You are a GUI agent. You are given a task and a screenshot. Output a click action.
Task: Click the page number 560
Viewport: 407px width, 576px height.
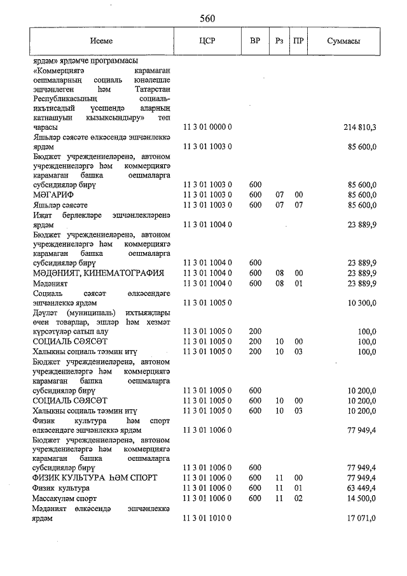(x=207, y=18)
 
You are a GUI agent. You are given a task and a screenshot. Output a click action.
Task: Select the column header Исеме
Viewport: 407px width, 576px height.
(x=102, y=41)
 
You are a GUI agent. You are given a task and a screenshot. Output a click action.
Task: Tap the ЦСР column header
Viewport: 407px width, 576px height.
(x=207, y=41)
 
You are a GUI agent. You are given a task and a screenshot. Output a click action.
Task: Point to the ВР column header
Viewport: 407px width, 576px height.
(x=255, y=41)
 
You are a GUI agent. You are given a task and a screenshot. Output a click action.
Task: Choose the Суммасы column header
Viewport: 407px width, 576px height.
(x=344, y=41)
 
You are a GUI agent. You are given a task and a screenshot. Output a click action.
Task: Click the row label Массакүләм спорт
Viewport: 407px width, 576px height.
(x=65, y=498)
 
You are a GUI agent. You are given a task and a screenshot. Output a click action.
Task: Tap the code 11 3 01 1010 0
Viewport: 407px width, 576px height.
(x=207, y=519)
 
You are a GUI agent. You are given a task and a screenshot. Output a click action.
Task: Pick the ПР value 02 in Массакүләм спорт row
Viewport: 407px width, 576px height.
(x=298, y=498)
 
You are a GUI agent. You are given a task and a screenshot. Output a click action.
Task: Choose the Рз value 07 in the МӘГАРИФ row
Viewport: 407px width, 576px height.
(x=279, y=194)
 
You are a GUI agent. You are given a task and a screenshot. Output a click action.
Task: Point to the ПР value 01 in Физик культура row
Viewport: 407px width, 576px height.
(x=298, y=488)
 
